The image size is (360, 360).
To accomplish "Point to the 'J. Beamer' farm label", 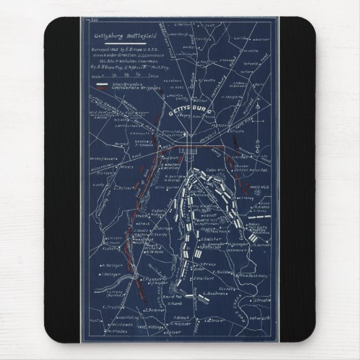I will (155, 308).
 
